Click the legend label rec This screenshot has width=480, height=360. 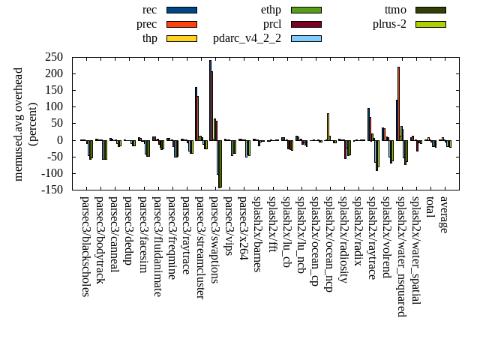149,10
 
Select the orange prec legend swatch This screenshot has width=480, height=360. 181,24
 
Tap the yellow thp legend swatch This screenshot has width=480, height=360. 181,38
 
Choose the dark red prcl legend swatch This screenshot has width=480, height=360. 306,24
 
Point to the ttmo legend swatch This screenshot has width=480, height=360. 430,10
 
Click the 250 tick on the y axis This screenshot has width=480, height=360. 52,57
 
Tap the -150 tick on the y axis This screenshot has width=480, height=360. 50,190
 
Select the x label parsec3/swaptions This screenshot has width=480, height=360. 214,239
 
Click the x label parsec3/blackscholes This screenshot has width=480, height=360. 85,247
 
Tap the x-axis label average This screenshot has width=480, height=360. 444,214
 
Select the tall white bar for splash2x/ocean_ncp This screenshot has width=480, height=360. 328,126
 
